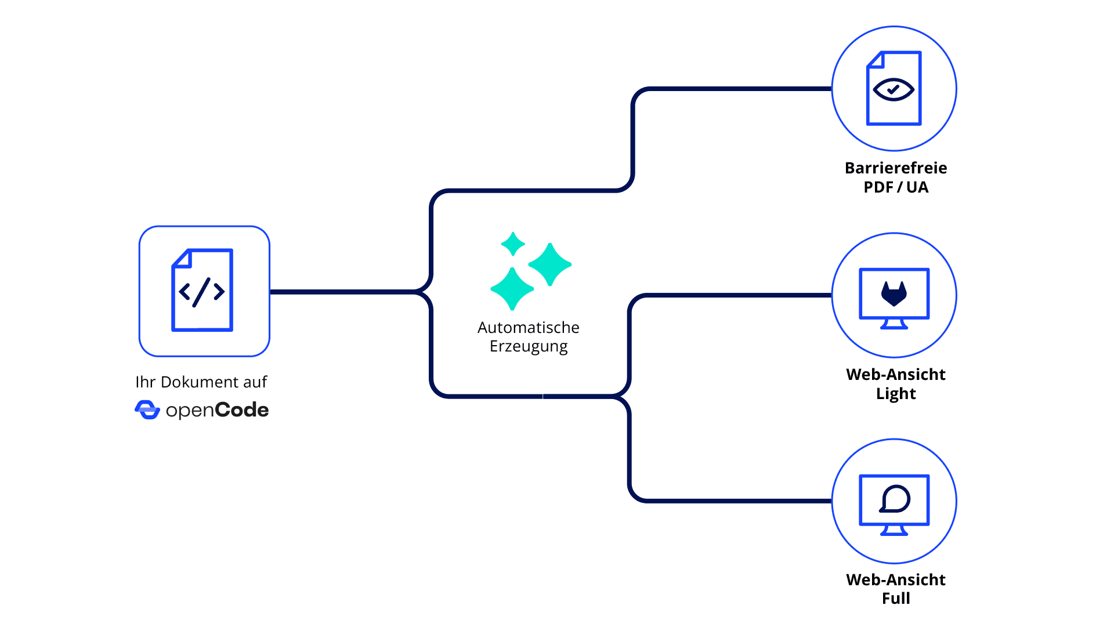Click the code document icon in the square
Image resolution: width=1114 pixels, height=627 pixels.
(202, 290)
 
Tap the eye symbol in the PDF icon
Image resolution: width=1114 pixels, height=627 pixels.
(894, 89)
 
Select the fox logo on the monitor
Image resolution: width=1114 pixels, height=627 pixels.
(894, 293)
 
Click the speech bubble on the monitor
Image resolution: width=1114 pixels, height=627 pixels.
(895, 499)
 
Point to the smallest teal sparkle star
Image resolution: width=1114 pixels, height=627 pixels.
(513, 244)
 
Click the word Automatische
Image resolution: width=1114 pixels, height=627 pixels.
(528, 328)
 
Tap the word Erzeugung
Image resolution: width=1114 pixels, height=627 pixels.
(528, 346)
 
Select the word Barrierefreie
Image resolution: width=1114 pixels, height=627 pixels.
(895, 168)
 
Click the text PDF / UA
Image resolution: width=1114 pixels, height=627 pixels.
(895, 187)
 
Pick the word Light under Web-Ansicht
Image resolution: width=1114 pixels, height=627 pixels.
(895, 394)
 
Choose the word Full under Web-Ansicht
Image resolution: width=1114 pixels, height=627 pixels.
(895, 599)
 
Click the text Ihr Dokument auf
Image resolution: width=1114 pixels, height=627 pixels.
(201, 382)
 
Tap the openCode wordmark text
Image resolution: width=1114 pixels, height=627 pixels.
(217, 411)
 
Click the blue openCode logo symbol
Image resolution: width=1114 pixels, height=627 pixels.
(147, 410)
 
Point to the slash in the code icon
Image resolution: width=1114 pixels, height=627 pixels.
(202, 292)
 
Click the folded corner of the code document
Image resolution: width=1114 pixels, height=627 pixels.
(182, 258)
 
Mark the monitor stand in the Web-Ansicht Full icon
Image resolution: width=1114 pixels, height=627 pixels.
(894, 530)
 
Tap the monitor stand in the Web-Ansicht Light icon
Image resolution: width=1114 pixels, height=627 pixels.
(894, 324)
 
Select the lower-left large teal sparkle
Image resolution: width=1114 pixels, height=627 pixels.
(512, 288)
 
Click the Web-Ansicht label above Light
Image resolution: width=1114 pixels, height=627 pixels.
(895, 375)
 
